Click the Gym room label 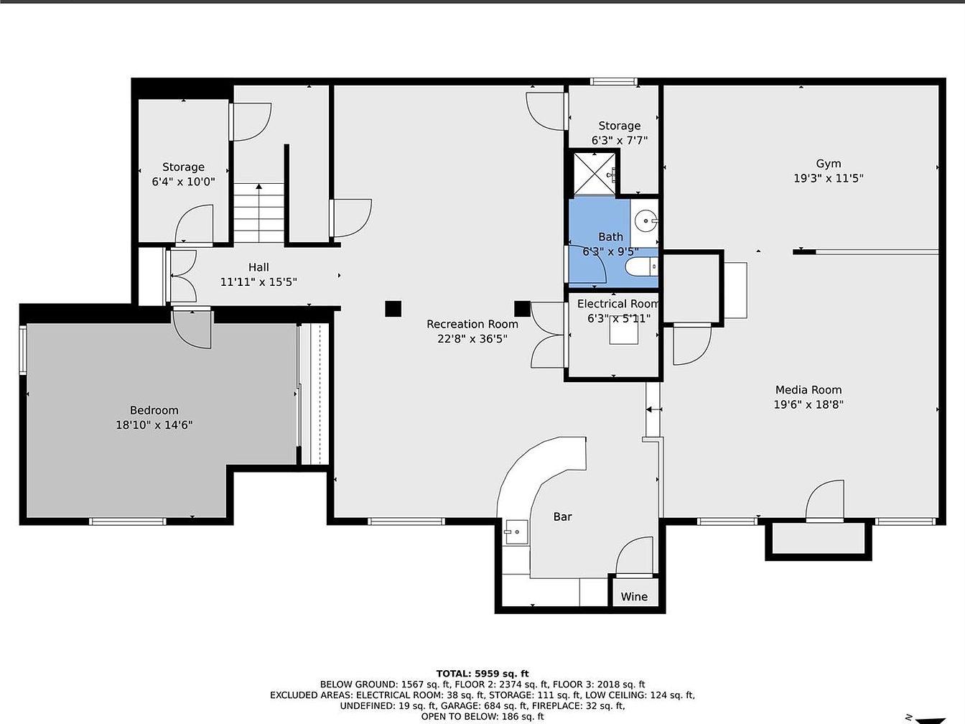(829, 164)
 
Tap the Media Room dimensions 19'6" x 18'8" (808, 404)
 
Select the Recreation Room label (472, 324)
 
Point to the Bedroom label (154, 410)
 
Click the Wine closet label (634, 597)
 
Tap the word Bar (562, 516)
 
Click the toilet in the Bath (641, 266)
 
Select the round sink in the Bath (647, 221)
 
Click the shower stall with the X (595, 174)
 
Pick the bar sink (516, 532)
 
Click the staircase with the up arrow (259, 213)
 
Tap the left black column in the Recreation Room (393, 309)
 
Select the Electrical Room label (617, 304)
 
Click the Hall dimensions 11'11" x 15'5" (258, 282)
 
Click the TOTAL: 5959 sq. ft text (482, 674)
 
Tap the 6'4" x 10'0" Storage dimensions (183, 182)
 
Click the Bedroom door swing (192, 330)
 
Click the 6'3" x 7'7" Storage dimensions (620, 141)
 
